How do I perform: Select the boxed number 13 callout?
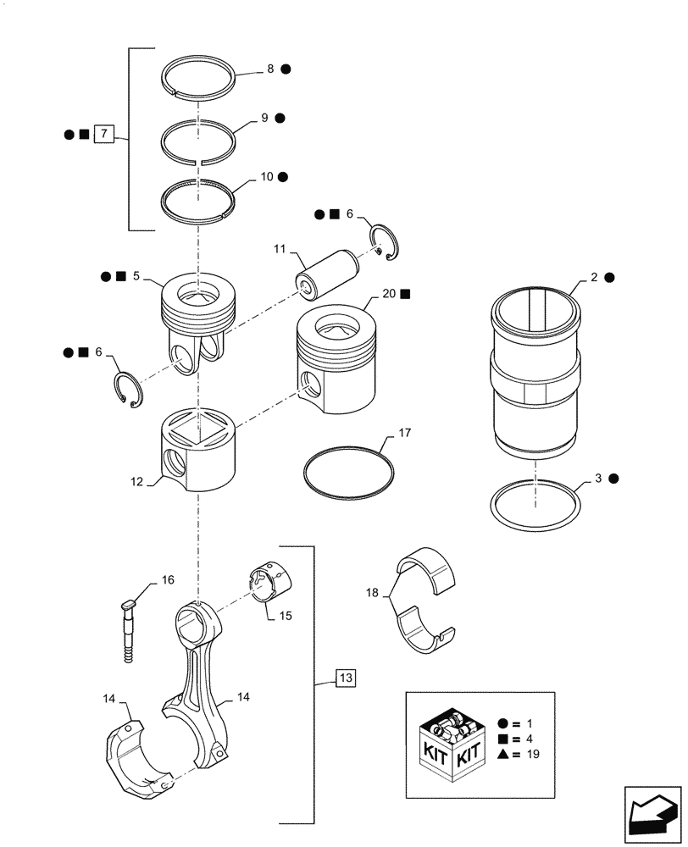coord(346,678)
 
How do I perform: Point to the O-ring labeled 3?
coord(536,503)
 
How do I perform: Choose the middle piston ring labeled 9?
coord(198,133)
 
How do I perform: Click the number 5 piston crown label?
coord(136,276)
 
